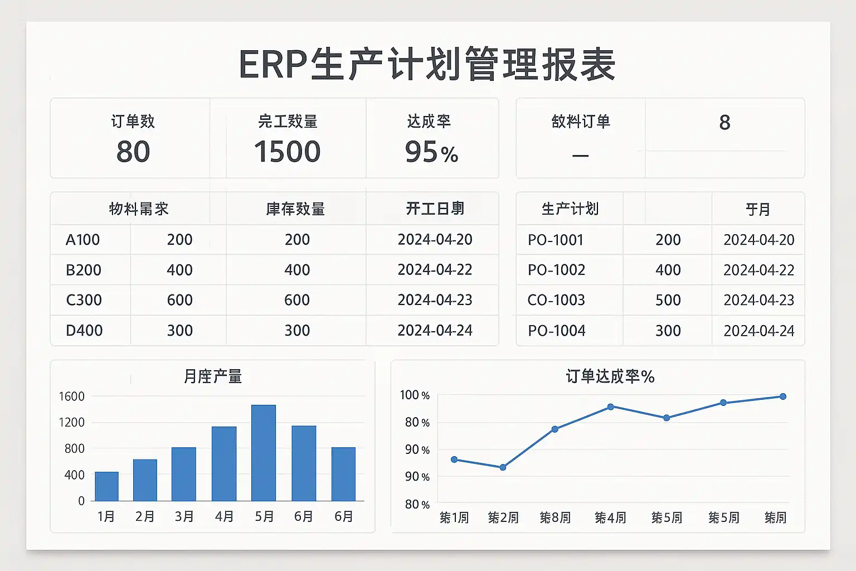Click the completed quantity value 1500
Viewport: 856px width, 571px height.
287,152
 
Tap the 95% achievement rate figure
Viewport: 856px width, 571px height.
431,152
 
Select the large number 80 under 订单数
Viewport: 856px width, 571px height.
133,152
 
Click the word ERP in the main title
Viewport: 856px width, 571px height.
273,65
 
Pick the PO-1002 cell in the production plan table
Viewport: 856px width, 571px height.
556,270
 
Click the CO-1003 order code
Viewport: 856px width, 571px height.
556,300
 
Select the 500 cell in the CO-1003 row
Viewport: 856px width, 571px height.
668,300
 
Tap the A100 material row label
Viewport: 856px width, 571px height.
82,240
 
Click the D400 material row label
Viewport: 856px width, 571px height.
84,331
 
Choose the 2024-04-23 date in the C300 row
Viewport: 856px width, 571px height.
435,300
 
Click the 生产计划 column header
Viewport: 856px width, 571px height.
570,209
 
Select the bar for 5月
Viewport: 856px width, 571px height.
264,453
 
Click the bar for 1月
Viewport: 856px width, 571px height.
106,486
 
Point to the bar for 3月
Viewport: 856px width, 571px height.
184,474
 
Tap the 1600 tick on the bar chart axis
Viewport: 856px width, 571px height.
71,396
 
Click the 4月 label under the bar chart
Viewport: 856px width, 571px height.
224,517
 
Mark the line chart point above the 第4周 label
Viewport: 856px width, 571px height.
611,407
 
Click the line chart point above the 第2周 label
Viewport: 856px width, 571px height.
503,467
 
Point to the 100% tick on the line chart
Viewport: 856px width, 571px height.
415,395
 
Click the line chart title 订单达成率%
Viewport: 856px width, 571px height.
610,376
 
